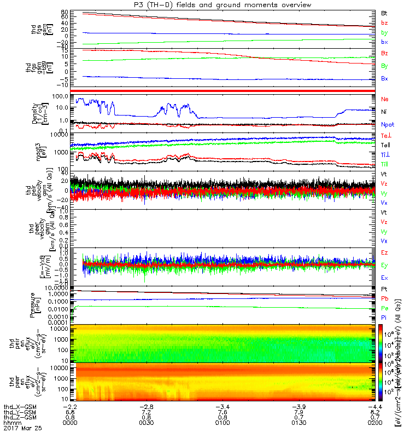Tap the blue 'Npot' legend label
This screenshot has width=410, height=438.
[387, 124]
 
